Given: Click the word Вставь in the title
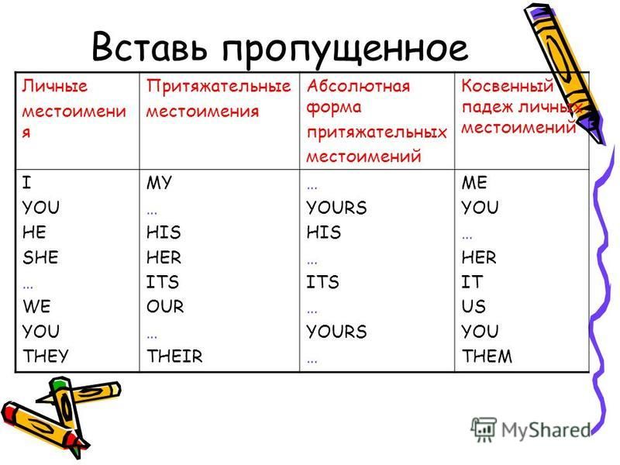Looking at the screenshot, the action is coord(150,46).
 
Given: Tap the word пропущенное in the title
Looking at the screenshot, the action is coord(345,50).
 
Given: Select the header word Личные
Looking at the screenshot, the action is coord(54,86).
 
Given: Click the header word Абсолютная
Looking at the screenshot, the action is coord(358,86).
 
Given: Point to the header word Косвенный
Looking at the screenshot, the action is coord(508,85).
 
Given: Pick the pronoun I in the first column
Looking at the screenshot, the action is coord(26,183).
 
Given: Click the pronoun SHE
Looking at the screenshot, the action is coord(40,257).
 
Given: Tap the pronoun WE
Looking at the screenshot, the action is coord(36,306).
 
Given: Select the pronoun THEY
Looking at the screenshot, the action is coord(46,356).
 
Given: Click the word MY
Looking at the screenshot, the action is coord(159,183).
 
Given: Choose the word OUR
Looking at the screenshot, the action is coord(165,306).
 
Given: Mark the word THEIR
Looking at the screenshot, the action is coord(174,356).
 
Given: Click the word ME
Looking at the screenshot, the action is coord(474,183).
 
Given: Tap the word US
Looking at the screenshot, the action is coord(474,306).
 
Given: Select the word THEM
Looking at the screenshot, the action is coord(487,356).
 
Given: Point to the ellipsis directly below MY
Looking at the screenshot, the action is coord(152,212).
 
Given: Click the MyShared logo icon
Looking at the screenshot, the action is coord(484,429).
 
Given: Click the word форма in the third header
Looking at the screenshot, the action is coord(334,108).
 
